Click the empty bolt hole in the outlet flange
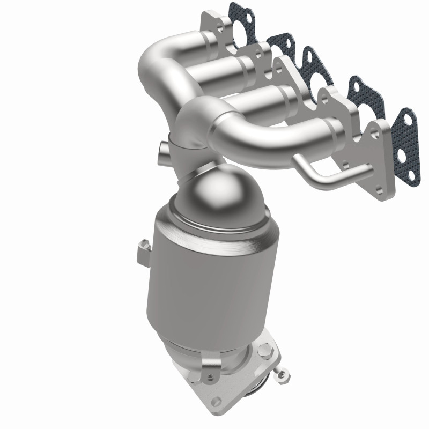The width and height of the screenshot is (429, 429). [217, 400]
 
